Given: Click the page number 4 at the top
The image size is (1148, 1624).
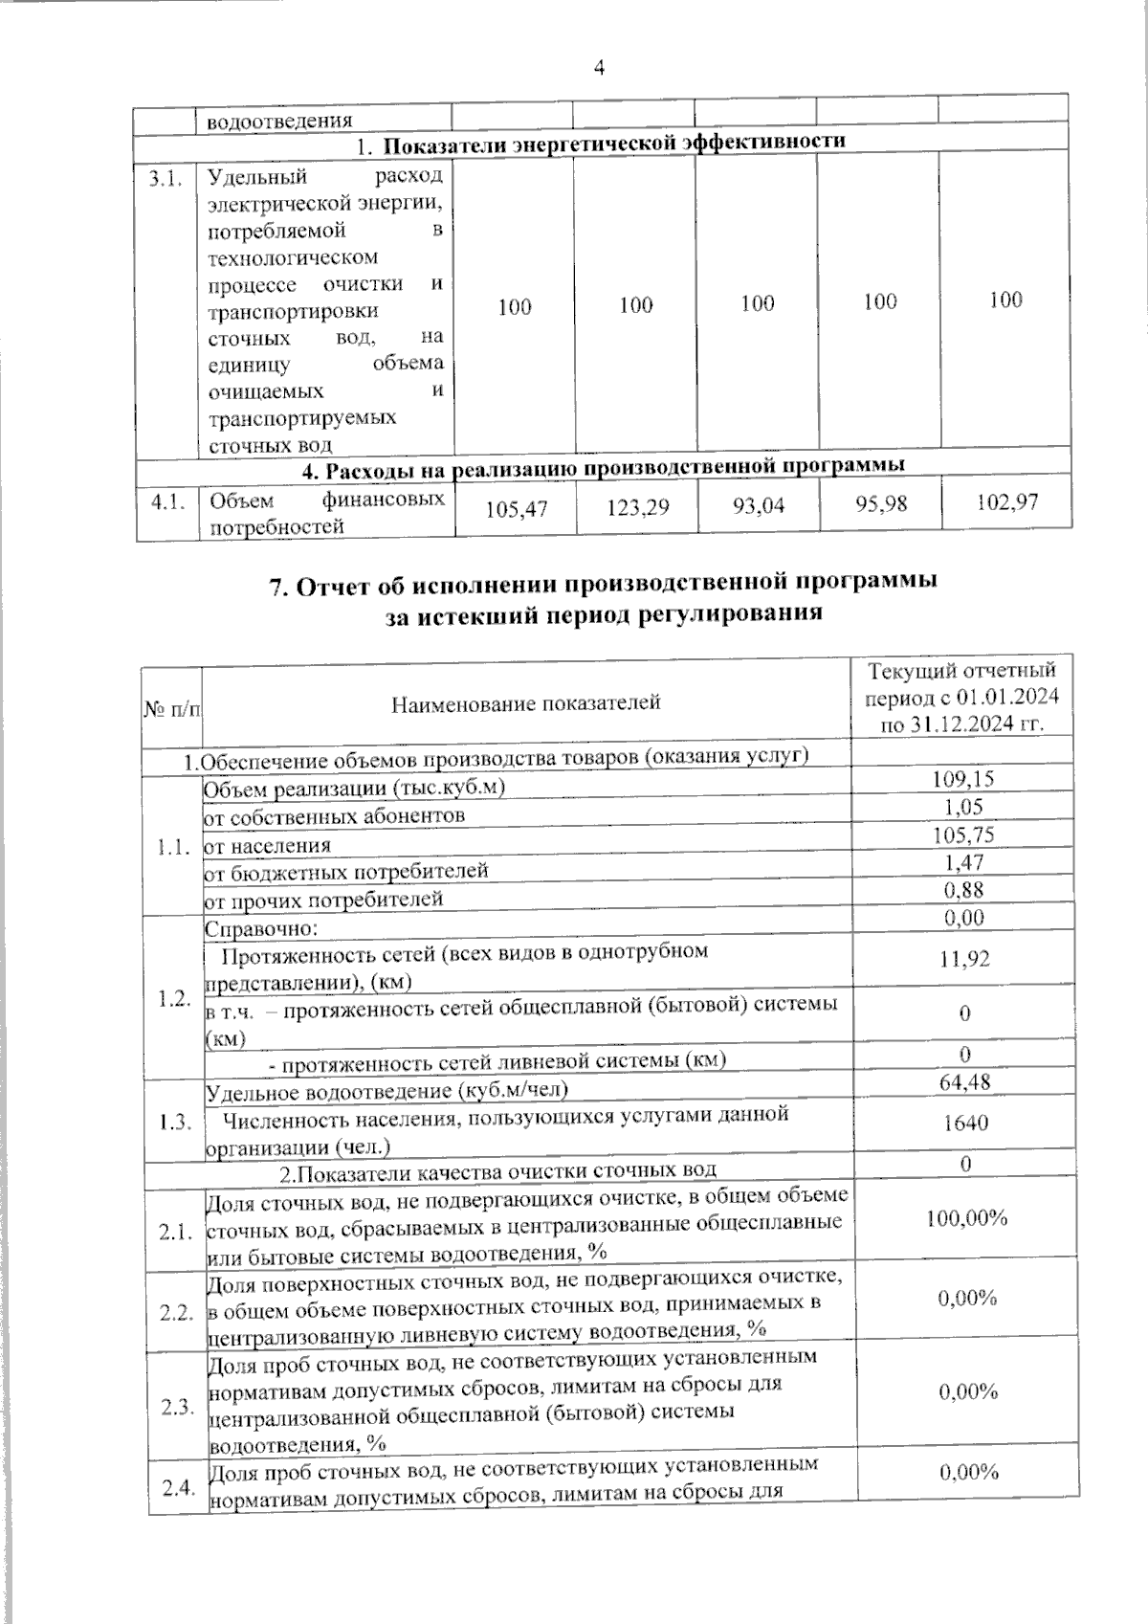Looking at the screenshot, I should click(600, 69).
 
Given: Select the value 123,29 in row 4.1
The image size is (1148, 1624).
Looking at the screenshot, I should click(638, 507).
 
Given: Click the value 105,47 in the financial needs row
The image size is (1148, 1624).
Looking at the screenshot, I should click(517, 509).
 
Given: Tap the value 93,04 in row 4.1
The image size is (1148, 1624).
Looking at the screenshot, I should click(759, 505).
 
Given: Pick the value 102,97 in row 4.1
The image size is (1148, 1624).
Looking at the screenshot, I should click(1006, 501).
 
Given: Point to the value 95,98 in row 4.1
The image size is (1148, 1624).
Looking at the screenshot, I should click(881, 503).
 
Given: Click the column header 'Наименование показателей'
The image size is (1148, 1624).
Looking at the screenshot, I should click(526, 703).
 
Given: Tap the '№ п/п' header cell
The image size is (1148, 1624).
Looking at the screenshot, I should click(172, 708).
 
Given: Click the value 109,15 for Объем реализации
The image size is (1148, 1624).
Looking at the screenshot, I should click(962, 779).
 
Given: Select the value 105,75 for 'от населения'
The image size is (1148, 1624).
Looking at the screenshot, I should click(963, 834).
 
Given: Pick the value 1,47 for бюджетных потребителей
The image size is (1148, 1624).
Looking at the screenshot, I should click(963, 862).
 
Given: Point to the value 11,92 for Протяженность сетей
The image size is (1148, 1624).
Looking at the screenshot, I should click(964, 959).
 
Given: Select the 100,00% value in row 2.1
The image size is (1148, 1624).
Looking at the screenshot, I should click(966, 1218).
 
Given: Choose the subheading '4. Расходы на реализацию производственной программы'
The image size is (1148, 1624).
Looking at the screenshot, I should click(604, 468).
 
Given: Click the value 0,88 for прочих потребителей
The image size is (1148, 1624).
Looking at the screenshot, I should click(963, 890).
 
